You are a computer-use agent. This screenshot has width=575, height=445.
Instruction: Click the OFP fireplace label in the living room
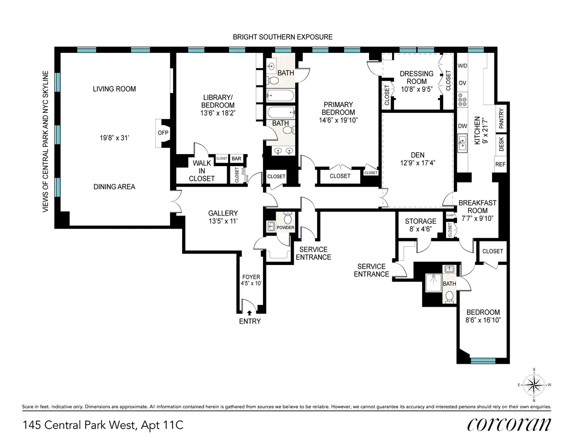160,133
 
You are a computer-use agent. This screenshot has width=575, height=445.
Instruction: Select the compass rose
534,385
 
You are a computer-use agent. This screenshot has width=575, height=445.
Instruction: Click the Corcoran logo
509,424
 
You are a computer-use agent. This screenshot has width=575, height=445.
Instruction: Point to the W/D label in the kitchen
462,66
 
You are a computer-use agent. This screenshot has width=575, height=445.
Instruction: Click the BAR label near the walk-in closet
237,158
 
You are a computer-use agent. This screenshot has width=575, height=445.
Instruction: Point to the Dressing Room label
416,77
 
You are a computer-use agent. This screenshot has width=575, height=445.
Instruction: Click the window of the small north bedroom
483,360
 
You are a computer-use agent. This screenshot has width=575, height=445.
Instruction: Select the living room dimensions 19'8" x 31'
114,138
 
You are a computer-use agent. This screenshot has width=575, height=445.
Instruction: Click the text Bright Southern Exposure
282,37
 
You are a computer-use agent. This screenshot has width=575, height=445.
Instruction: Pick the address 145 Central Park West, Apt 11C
103,425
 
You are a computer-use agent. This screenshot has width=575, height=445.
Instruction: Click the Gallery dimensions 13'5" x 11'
223,221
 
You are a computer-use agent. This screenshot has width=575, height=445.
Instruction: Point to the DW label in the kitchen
462,126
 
